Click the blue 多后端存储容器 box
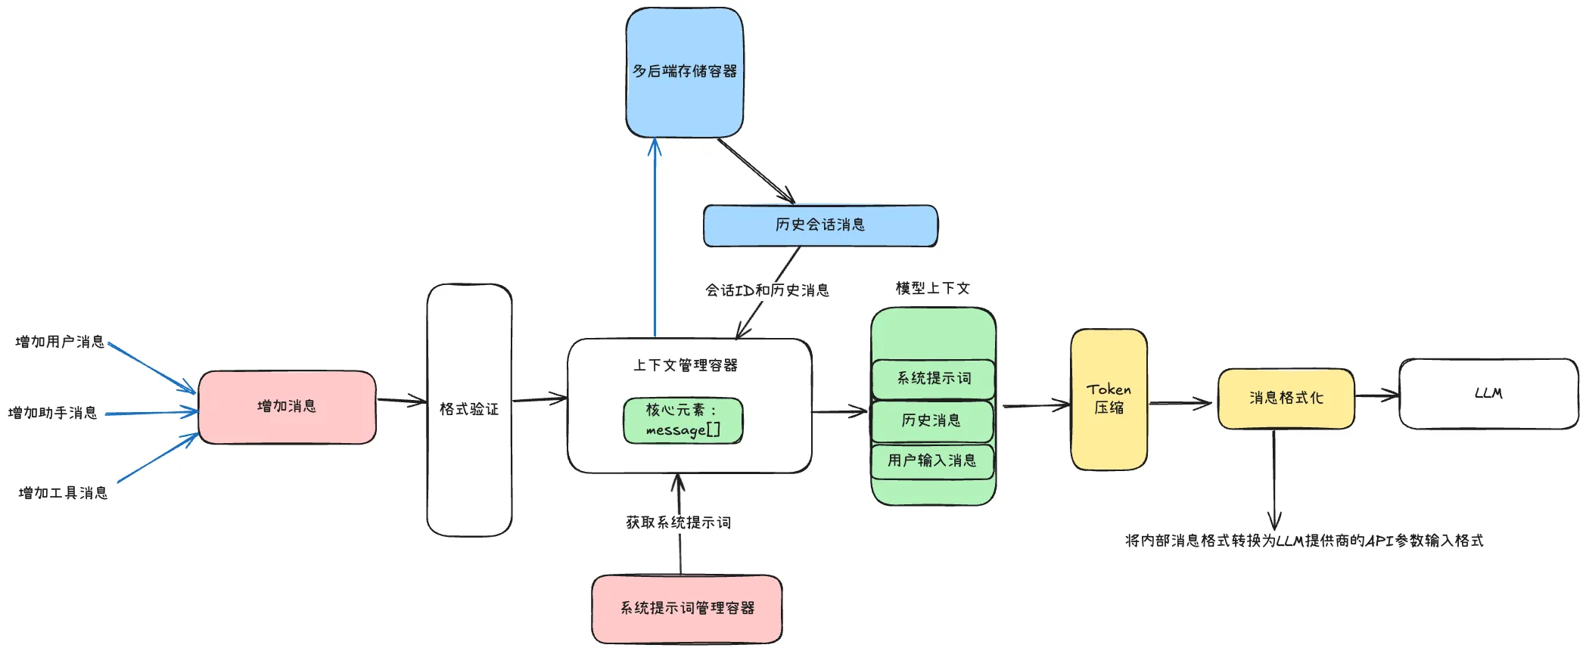point(684,73)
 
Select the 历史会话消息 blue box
point(820,225)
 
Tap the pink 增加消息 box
point(287,407)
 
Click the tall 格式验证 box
point(469,410)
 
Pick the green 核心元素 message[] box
point(683,420)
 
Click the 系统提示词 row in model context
point(933,379)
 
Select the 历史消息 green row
point(931,421)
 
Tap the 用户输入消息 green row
point(931,461)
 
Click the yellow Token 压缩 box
point(1109,399)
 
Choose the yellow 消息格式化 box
point(1286,398)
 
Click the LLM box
point(1488,394)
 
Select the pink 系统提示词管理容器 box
point(687,609)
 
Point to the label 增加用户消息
point(60,342)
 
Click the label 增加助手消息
point(53,413)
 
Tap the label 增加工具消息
point(63,493)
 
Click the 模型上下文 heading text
point(932,288)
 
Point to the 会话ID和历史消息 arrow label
point(767,290)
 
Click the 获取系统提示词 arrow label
point(678,522)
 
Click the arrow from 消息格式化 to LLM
point(1376,395)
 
